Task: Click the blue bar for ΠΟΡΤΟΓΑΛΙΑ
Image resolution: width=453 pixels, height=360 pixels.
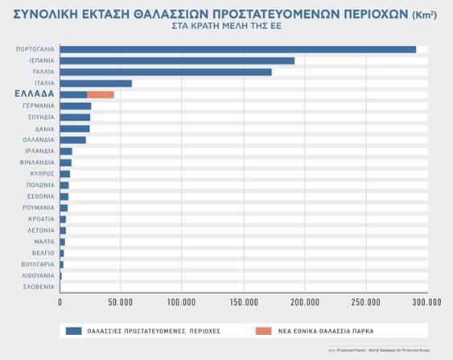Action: click(237, 49)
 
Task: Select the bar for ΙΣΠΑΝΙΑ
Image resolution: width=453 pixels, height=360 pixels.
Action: click(177, 60)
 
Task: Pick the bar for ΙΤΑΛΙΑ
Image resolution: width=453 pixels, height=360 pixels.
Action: click(96, 83)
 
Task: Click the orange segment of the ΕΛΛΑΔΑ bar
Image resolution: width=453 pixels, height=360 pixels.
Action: click(101, 94)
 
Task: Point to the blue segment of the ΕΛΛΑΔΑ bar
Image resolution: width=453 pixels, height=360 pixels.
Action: click(73, 94)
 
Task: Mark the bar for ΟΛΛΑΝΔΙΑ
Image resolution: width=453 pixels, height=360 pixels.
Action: click(73, 139)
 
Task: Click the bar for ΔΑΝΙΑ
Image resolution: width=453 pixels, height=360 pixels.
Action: click(75, 128)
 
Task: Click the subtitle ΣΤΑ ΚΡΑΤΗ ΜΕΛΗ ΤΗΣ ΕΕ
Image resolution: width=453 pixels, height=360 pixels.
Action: click(226, 27)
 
